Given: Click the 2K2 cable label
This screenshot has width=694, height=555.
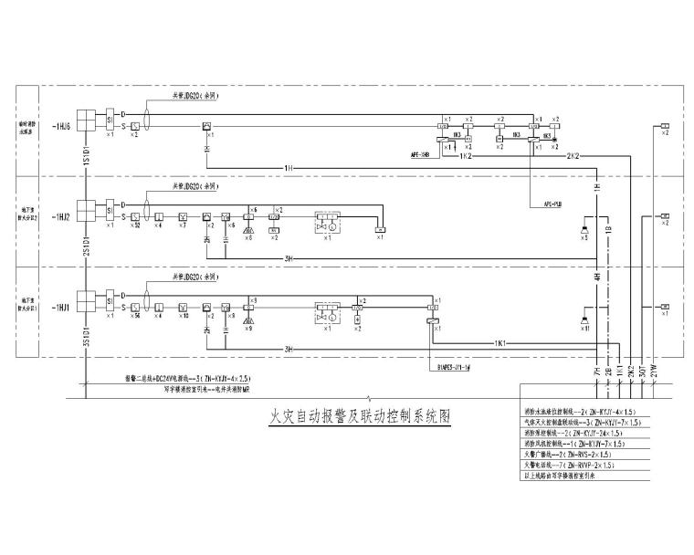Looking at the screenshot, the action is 575,156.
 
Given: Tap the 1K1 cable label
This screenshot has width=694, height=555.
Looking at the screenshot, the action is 500,343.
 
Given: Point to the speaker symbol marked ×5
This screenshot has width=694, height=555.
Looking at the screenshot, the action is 584,226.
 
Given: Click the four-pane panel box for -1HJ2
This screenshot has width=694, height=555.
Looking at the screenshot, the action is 85,211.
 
